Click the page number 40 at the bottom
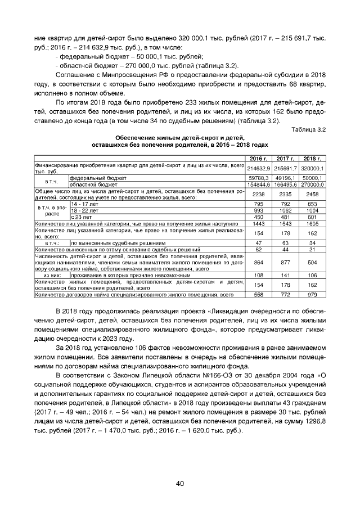click(180, 483)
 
